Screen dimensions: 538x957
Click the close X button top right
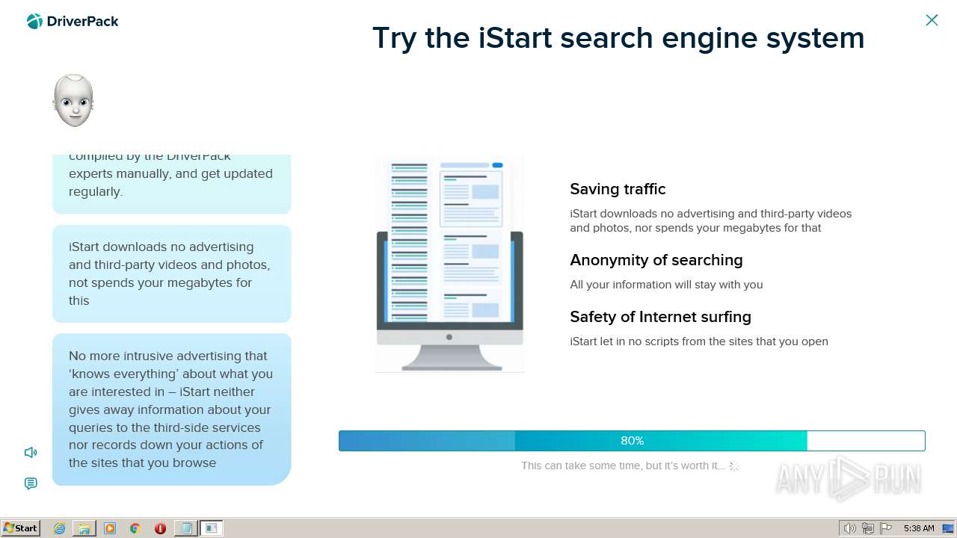[x=932, y=20]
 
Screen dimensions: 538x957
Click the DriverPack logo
[x=73, y=22]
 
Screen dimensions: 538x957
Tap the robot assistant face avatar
[x=73, y=101]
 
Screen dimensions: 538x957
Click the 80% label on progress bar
[x=632, y=441]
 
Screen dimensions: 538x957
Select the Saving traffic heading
[x=618, y=189]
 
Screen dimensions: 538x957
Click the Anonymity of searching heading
[x=656, y=260]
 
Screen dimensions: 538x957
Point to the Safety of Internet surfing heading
[x=660, y=317]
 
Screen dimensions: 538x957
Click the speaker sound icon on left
[x=31, y=452]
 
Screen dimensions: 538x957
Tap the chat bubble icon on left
[x=31, y=483]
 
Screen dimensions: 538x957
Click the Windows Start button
[x=20, y=528]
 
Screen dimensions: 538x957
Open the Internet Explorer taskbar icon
[x=59, y=528]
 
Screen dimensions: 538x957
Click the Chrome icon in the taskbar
[x=135, y=528]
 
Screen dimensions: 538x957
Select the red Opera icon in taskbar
[x=160, y=528]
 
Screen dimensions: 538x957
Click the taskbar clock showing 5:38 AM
[x=918, y=528]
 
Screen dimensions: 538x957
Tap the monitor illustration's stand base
[x=452, y=365]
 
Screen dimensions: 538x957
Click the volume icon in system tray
[x=849, y=528]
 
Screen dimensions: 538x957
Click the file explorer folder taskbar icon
[x=84, y=528]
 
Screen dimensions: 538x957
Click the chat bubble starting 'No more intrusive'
[x=171, y=409]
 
